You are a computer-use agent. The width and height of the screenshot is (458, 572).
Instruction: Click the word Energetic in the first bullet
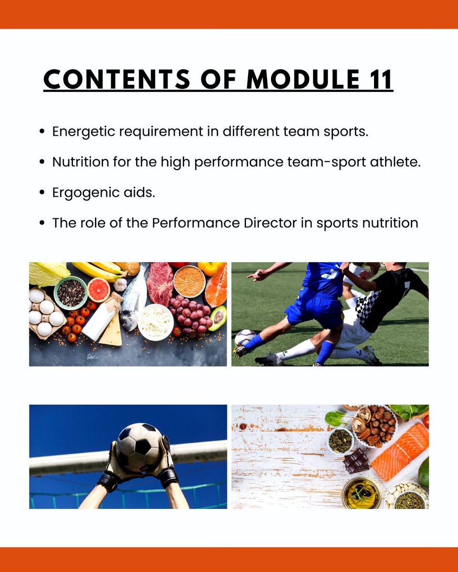[84, 132]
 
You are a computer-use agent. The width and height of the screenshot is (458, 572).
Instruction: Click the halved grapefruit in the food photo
[99, 289]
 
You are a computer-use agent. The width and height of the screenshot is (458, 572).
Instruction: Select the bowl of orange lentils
[189, 281]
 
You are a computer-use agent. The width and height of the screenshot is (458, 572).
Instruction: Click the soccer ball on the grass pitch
[245, 338]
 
